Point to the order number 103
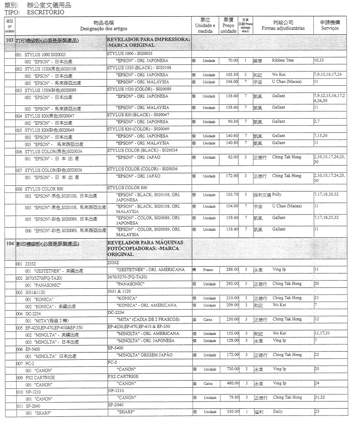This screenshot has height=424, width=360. pos(10,41)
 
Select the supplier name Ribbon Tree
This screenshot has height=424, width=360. pos(283,61)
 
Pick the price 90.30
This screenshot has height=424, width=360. pos(232,122)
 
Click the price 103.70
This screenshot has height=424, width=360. pos(232,195)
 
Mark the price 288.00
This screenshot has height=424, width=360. pos(232,270)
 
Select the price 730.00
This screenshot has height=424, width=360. pos(232,369)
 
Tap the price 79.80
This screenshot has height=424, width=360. pos(233,397)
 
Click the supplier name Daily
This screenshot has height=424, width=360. pos(278,411)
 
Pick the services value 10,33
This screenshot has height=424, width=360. pos(319,61)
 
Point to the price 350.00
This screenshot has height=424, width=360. pos(232,412)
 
